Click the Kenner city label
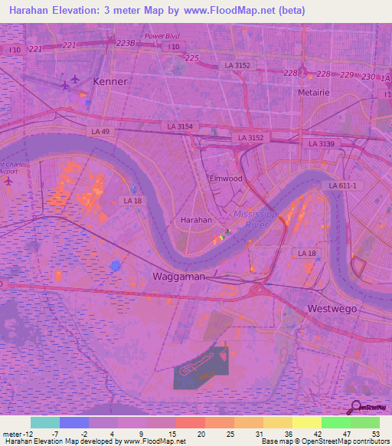(x=109, y=80)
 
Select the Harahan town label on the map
(x=195, y=219)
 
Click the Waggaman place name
(x=179, y=276)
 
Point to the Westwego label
(x=332, y=308)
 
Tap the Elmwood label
(x=226, y=179)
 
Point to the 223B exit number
(x=126, y=44)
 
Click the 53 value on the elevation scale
(x=375, y=434)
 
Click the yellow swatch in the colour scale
(x=307, y=422)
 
